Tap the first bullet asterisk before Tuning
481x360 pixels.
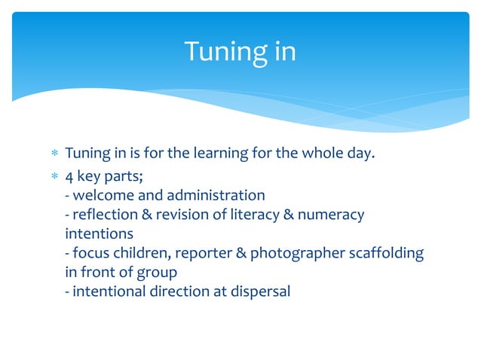coord(53,154)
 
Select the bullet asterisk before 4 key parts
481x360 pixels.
coord(53,175)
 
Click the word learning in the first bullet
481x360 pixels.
coord(221,154)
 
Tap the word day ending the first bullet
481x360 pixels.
coord(361,154)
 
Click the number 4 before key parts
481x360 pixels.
coord(69,175)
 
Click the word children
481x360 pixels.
coord(137,254)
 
